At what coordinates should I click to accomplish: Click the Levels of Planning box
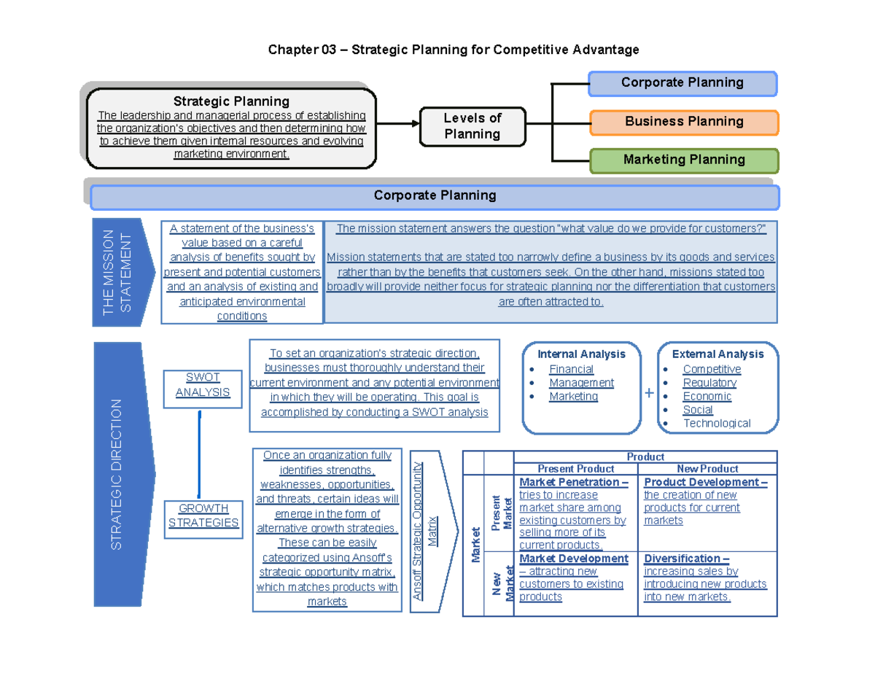tap(472, 126)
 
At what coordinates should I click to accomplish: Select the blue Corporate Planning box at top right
tap(682, 83)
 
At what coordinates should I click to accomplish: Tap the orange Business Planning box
tap(684, 122)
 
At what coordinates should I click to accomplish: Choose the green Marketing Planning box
tap(684, 160)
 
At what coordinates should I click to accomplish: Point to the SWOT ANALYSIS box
tap(203, 385)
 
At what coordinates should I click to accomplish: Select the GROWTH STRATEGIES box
tap(203, 516)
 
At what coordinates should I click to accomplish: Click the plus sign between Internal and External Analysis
tap(650, 394)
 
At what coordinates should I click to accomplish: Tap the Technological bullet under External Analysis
tap(716, 423)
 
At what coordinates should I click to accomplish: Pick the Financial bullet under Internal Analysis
tap(571, 369)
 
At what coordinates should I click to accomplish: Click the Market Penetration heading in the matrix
tap(573, 482)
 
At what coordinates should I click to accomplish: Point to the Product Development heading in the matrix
tap(705, 482)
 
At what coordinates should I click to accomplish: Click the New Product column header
tap(707, 469)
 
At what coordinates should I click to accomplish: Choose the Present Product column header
tap(575, 469)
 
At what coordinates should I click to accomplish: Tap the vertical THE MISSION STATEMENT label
tap(117, 272)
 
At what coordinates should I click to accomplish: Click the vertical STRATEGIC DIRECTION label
tap(117, 474)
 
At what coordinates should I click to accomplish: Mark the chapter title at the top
tap(453, 50)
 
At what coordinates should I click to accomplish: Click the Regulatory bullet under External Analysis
tap(709, 383)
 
